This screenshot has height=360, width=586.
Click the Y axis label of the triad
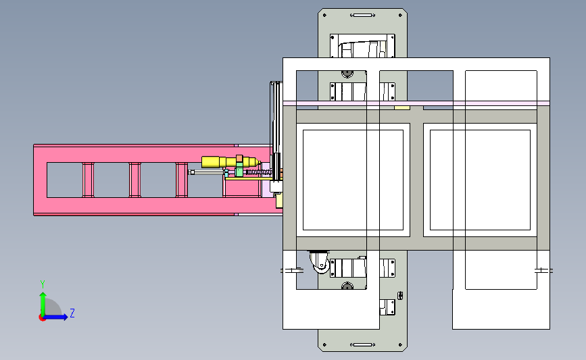click(43, 284)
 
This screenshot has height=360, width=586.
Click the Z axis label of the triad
click(72, 313)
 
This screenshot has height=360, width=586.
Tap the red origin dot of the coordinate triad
click(42, 318)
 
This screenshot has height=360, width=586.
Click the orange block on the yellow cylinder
click(239, 158)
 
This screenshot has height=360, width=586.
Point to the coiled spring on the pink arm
click(258, 172)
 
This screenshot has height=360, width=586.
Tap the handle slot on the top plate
click(362, 16)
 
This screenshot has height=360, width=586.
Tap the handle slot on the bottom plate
click(362, 344)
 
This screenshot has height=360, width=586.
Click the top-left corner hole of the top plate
click(324, 16)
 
